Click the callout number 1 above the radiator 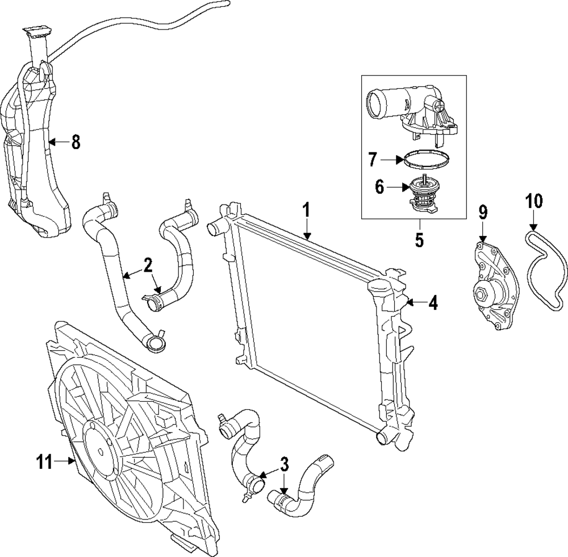point(306,210)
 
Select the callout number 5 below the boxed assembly point(419,240)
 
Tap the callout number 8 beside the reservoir point(76,142)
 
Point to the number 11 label point(44,462)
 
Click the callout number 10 point(534,202)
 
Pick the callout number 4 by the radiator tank point(433,302)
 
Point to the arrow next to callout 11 point(65,461)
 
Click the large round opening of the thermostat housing point(375,104)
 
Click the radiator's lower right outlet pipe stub point(385,438)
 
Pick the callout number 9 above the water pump point(483,213)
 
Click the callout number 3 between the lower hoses point(285,464)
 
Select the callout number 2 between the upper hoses point(148,265)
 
